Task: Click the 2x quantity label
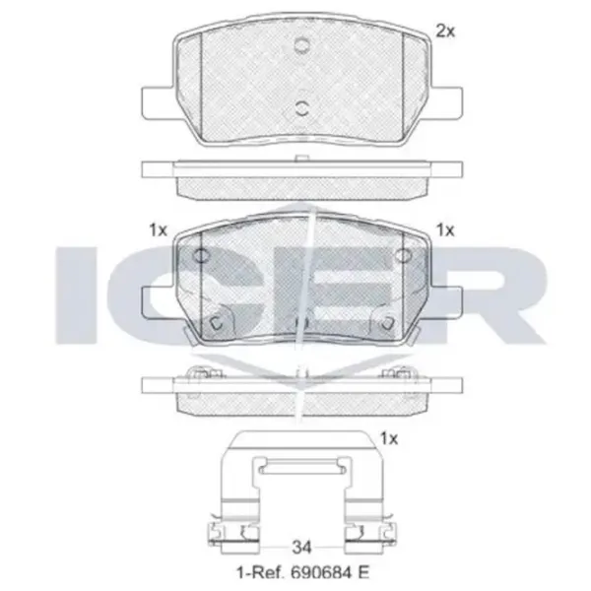pos(445,32)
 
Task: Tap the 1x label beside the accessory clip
pos(389,438)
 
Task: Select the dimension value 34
pos(301,547)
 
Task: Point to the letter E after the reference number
pos(362,573)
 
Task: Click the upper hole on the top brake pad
pos(302,45)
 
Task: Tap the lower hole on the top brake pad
pos(302,108)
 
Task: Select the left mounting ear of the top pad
pos(159,102)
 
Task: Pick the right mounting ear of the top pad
pos(446,102)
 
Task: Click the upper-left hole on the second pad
pos(200,256)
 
